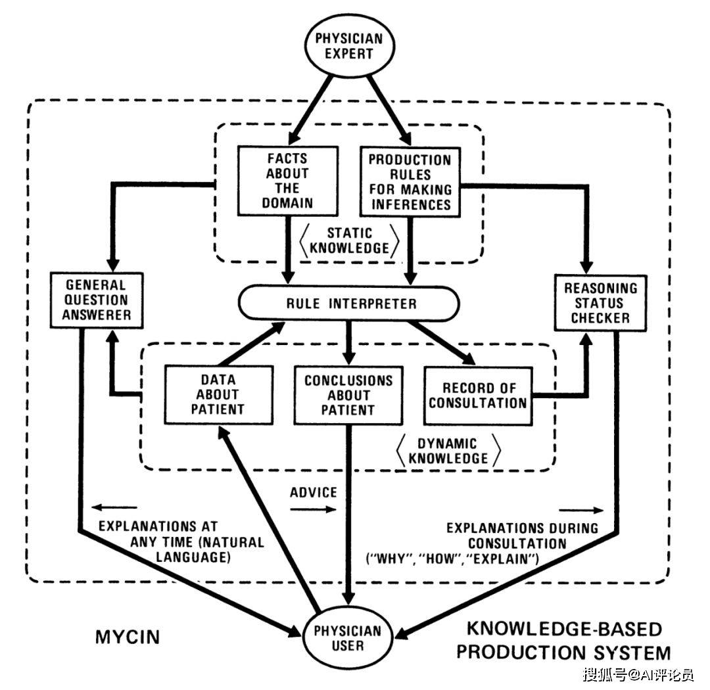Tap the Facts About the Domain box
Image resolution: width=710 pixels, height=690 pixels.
[x=287, y=180]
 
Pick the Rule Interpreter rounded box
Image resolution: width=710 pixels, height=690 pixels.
[x=350, y=304]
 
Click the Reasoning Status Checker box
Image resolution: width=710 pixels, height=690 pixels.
[x=600, y=303]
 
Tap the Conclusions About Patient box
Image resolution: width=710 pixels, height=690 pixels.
[x=348, y=395]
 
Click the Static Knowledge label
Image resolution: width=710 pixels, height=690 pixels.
[x=349, y=241]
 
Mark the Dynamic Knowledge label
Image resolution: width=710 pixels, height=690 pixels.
[x=448, y=451]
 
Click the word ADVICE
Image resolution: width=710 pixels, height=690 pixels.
[x=313, y=492]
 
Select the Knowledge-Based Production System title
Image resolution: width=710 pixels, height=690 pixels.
[x=563, y=641]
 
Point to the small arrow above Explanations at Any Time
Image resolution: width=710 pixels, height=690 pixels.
[x=114, y=507]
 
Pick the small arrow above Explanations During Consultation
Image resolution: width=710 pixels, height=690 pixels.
[x=582, y=509]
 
